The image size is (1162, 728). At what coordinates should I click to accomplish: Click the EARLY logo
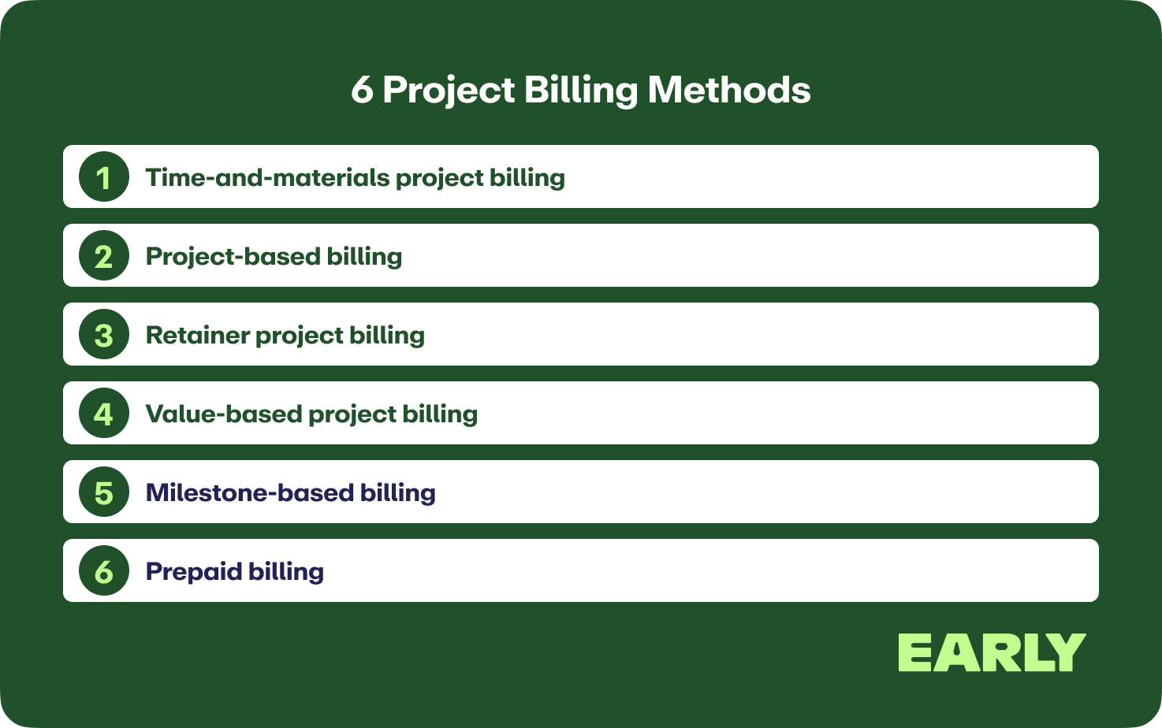point(992,652)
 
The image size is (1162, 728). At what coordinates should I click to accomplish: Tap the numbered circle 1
point(104,176)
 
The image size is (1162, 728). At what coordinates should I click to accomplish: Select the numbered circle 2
point(104,255)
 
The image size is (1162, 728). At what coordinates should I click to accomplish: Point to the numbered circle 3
point(104,334)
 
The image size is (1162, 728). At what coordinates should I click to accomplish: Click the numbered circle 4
point(104,413)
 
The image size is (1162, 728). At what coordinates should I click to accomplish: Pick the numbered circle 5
point(104,492)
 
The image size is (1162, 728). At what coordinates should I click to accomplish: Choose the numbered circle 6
point(104,570)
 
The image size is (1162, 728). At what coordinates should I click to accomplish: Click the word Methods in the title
point(729,90)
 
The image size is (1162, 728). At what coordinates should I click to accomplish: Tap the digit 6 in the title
point(362,91)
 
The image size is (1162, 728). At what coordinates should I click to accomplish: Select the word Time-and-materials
point(268,177)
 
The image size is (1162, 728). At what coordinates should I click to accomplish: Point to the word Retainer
point(198,335)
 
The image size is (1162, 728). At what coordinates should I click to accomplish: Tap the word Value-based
point(224,414)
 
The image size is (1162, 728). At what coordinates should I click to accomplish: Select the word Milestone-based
point(250,492)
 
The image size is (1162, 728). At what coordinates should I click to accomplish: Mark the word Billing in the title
point(581,91)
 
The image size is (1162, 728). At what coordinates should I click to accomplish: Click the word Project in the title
point(449,91)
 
